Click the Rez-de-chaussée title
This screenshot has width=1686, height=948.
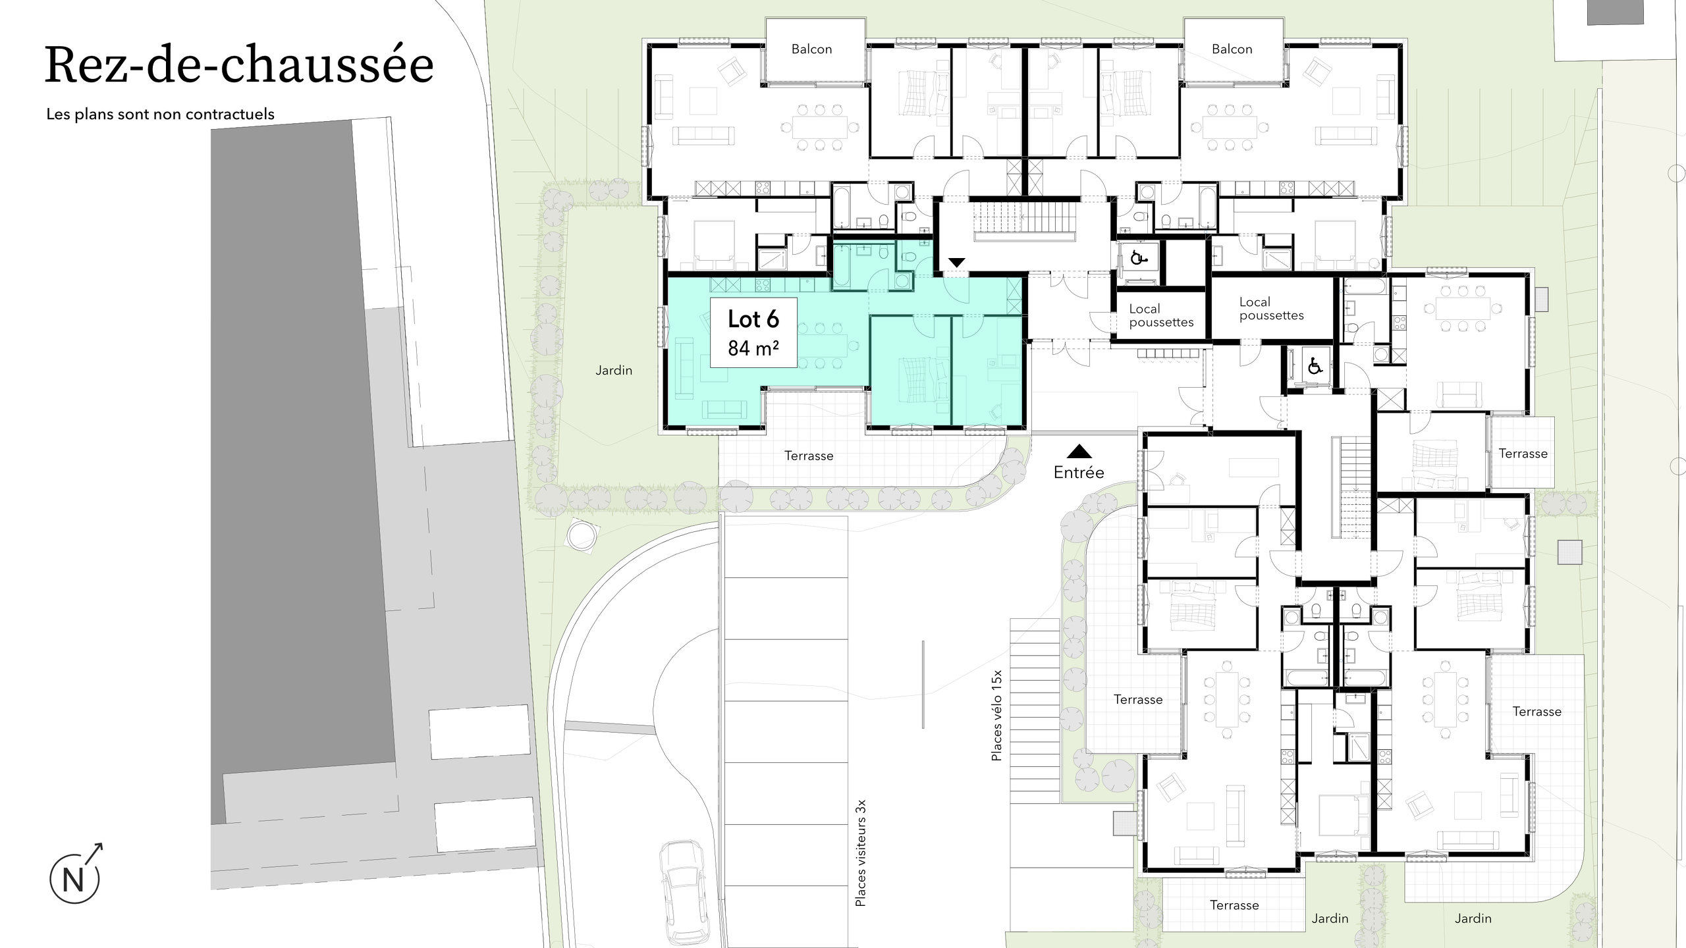pyautogui.click(x=239, y=66)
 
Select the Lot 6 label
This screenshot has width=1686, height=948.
pyautogui.click(x=753, y=319)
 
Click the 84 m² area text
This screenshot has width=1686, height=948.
pyautogui.click(x=753, y=348)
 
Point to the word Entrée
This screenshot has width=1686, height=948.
pyautogui.click(x=1079, y=472)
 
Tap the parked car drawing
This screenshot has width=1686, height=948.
pyautogui.click(x=685, y=893)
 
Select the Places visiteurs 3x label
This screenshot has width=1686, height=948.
pyautogui.click(x=860, y=853)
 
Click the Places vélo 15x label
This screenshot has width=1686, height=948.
pyautogui.click(x=996, y=716)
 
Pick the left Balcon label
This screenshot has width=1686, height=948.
pyautogui.click(x=811, y=49)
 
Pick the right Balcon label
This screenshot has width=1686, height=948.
pyautogui.click(x=1232, y=49)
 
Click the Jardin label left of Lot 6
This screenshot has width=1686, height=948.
pyautogui.click(x=614, y=371)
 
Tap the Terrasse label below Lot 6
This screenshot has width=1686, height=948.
pyautogui.click(x=809, y=456)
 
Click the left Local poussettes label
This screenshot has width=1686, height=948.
pyautogui.click(x=1161, y=315)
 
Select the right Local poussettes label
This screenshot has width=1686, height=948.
pyautogui.click(x=1271, y=309)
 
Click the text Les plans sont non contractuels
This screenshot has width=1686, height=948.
pyautogui.click(x=160, y=114)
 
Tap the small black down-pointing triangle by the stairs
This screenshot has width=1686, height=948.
pyautogui.click(x=956, y=263)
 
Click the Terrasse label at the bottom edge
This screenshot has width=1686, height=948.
pyautogui.click(x=1234, y=905)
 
